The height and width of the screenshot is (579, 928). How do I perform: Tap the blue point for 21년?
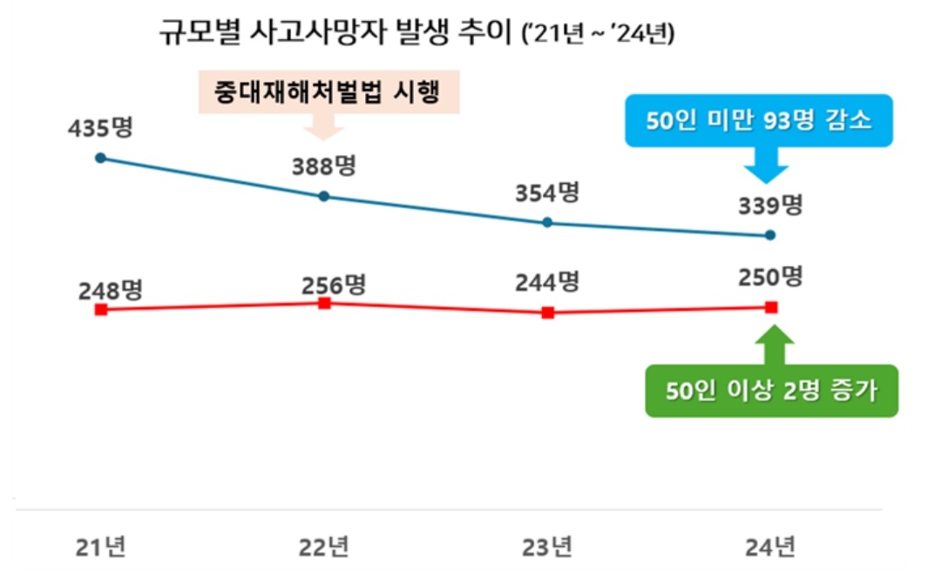point(100,158)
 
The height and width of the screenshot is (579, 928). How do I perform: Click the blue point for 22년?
point(324,196)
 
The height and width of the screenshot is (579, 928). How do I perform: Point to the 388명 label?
point(324,166)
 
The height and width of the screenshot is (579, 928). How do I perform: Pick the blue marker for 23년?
point(547,222)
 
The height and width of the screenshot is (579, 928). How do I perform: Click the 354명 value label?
point(547,192)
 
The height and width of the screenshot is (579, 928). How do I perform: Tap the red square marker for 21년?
point(101,309)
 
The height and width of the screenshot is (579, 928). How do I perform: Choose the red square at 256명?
point(324,303)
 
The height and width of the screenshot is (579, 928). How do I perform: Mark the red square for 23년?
point(547,313)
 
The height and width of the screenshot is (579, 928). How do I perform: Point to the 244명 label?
point(547,282)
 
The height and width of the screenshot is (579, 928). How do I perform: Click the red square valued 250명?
point(770,306)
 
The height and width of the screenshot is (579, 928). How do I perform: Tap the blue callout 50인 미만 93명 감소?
point(757,120)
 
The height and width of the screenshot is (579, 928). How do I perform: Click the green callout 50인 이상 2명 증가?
point(770,390)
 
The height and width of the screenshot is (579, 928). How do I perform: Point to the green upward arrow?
point(770,345)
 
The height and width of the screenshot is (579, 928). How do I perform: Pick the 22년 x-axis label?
point(324,547)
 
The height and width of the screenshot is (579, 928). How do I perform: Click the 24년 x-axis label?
point(770,547)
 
